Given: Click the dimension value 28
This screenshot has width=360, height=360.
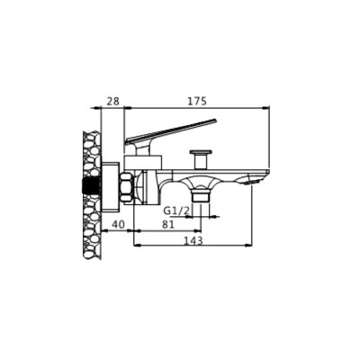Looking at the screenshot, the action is [113, 101].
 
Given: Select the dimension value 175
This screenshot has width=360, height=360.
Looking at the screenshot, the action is [197, 101].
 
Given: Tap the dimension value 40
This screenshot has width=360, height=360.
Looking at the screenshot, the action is [118, 224].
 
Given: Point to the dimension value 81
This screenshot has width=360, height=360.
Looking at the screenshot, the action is [167, 224].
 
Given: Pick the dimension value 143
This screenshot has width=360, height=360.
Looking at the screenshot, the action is [193, 240].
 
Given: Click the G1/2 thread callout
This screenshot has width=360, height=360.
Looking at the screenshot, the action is [176, 211].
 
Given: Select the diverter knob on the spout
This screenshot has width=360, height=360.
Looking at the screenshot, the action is [201, 159].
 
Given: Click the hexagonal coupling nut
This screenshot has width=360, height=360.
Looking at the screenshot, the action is [127, 187].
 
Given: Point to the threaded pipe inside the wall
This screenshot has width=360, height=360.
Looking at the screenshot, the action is [91, 186].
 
